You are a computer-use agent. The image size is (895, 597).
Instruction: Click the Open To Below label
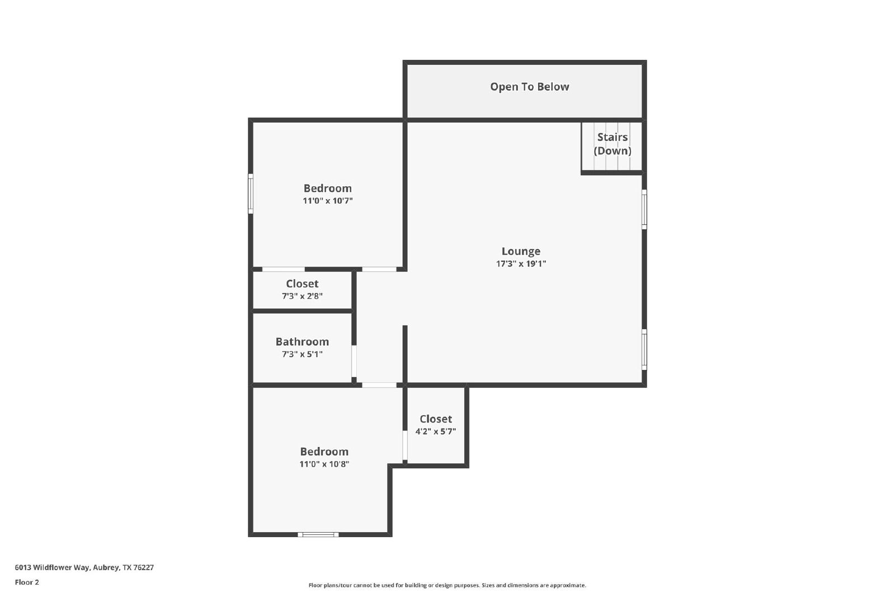pyautogui.click(x=529, y=87)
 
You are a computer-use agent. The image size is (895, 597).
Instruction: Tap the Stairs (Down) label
pyautogui.click(x=612, y=144)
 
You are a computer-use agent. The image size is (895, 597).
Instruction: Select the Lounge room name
pyautogui.click(x=521, y=251)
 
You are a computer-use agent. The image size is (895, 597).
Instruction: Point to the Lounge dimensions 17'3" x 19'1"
pyautogui.click(x=521, y=264)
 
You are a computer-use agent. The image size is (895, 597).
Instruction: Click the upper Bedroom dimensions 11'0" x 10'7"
pyautogui.click(x=328, y=201)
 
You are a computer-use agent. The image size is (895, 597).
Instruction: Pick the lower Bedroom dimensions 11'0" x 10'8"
pyautogui.click(x=324, y=464)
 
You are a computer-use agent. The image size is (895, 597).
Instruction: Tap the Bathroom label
pyautogui.click(x=302, y=342)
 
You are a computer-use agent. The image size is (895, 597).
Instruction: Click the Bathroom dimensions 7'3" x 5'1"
pyautogui.click(x=302, y=354)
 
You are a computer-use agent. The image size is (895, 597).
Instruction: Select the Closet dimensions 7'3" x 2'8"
pyautogui.click(x=302, y=296)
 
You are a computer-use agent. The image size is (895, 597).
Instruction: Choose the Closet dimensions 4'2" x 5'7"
pyautogui.click(x=436, y=431)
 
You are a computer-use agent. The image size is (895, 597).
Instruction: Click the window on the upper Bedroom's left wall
pyautogui.click(x=251, y=194)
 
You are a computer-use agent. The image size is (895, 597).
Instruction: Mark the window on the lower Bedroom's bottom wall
pyautogui.click(x=318, y=535)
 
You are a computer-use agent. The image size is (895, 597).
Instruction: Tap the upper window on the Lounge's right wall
pyautogui.click(x=644, y=209)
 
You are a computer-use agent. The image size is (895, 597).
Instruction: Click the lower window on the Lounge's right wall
pyautogui.click(x=644, y=349)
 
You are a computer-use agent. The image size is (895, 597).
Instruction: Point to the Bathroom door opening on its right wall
pyautogui.click(x=354, y=361)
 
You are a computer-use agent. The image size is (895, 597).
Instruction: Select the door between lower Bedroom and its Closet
pyautogui.click(x=405, y=445)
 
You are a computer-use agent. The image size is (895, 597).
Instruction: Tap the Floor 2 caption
pyautogui.click(x=27, y=582)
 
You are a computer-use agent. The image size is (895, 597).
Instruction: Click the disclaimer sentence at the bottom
pyautogui.click(x=447, y=585)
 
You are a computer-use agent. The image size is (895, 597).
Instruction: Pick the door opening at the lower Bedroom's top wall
pyautogui.click(x=379, y=385)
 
